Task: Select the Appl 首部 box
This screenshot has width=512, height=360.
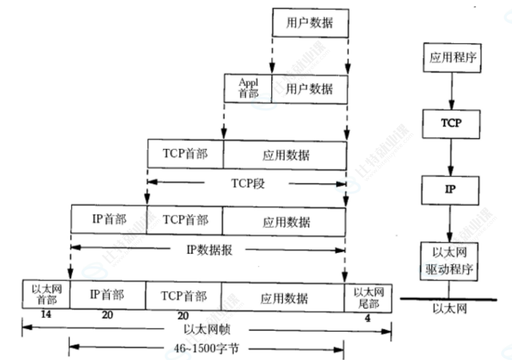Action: [x=248, y=88]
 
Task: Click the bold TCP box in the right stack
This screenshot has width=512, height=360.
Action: [x=451, y=123]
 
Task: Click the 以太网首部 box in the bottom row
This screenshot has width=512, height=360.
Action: [x=46, y=295]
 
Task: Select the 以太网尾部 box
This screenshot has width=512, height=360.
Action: [x=368, y=297]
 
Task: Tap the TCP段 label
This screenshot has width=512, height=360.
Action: [x=247, y=183]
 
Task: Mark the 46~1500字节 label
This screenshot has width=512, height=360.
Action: [x=207, y=349]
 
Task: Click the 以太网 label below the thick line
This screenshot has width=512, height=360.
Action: [x=449, y=309]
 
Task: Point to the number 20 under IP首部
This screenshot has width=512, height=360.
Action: [x=107, y=315]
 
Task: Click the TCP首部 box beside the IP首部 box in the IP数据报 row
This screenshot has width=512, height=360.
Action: [x=185, y=220]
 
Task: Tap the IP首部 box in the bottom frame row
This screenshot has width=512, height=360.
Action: [x=107, y=295]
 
